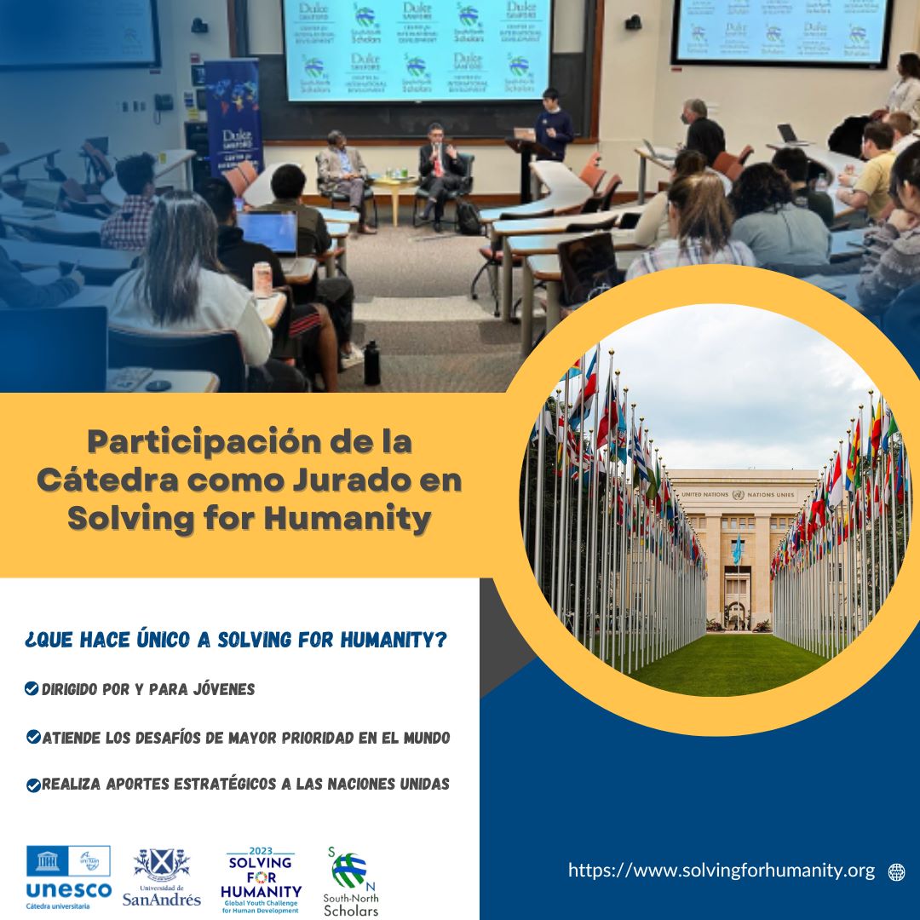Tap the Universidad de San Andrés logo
tap(162, 877)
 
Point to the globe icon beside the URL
tap(896, 871)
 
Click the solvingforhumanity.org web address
tap(722, 871)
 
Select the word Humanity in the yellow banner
tap(352, 518)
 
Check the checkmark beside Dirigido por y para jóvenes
tap(32, 689)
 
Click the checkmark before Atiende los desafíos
tap(33, 737)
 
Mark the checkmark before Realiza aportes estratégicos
tap(33, 785)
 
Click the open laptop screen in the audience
tap(267, 233)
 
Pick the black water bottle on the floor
tap(372, 363)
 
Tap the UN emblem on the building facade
tap(738, 495)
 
